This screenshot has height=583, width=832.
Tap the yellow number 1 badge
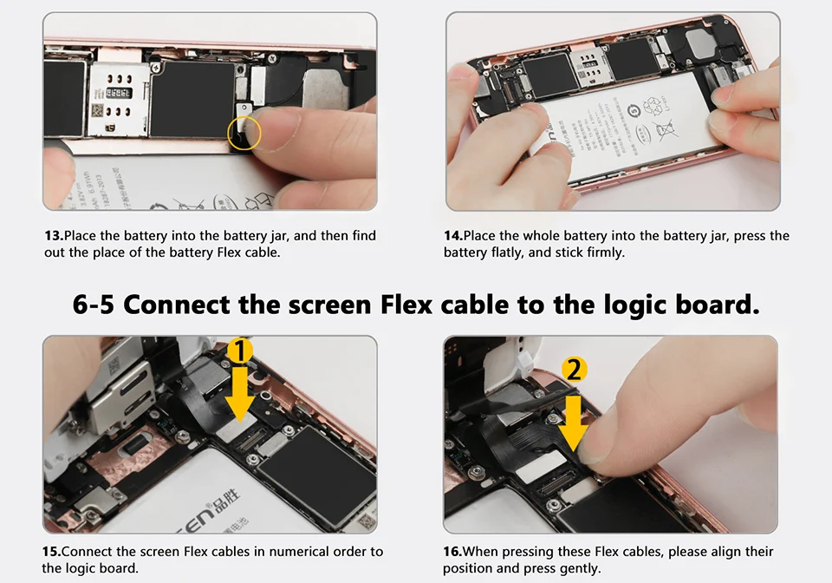pyautogui.click(x=239, y=351)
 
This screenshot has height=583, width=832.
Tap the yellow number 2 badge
pyautogui.click(x=574, y=370)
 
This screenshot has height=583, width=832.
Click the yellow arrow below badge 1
pyautogui.click(x=240, y=395)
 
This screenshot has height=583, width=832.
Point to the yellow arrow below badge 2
pyautogui.click(x=574, y=418)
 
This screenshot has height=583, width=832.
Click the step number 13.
pyautogui.click(x=53, y=236)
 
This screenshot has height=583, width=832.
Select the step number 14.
pyautogui.click(x=453, y=236)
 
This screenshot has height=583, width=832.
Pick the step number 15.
pyautogui.click(x=52, y=552)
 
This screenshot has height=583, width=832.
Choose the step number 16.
pyautogui.click(x=452, y=552)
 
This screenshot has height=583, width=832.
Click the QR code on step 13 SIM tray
pyautogui.click(x=98, y=111)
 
